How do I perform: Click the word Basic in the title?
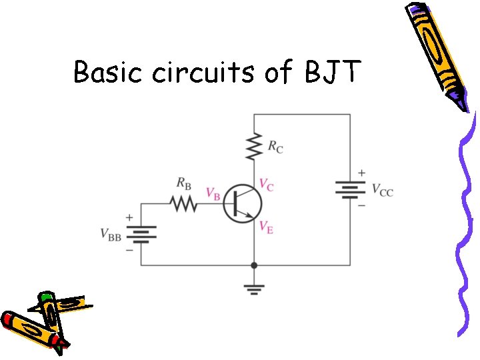pos(109,72)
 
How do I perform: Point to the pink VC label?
pos(265,185)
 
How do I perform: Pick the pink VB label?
pos(213,194)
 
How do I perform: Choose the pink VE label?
pos(265,228)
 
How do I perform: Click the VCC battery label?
pos(381,191)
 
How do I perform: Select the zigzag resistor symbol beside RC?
pos(253,147)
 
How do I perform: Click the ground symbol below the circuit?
pos(254,288)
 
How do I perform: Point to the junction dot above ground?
pos(254,265)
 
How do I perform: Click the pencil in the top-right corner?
pos(437,53)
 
